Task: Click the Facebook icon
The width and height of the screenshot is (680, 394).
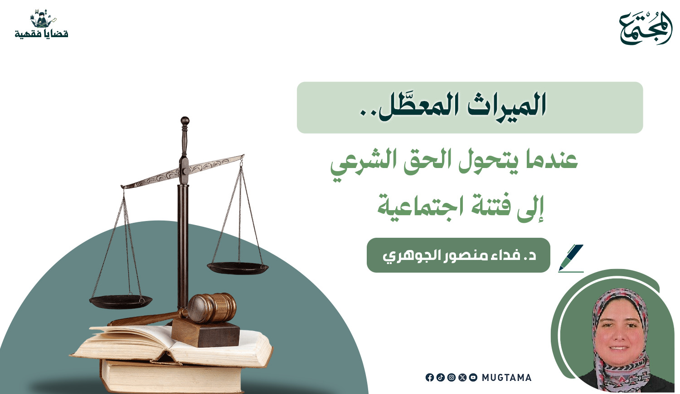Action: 429,377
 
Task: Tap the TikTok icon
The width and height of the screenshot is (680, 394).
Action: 441,377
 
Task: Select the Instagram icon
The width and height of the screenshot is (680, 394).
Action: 452,377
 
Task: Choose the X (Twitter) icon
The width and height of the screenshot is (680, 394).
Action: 462,377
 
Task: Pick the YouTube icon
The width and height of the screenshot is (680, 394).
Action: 473,377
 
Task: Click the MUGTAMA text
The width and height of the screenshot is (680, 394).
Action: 507,378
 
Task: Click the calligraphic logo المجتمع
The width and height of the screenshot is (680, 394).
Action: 646,28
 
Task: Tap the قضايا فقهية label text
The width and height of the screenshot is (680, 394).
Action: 42,34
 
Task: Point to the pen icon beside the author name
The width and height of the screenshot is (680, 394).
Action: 571,258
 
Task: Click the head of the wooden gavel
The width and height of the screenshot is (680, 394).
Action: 212,307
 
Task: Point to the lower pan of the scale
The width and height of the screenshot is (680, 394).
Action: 121,302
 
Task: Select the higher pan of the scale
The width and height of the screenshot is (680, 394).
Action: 238,268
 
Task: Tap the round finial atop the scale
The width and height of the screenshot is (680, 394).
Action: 185,120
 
